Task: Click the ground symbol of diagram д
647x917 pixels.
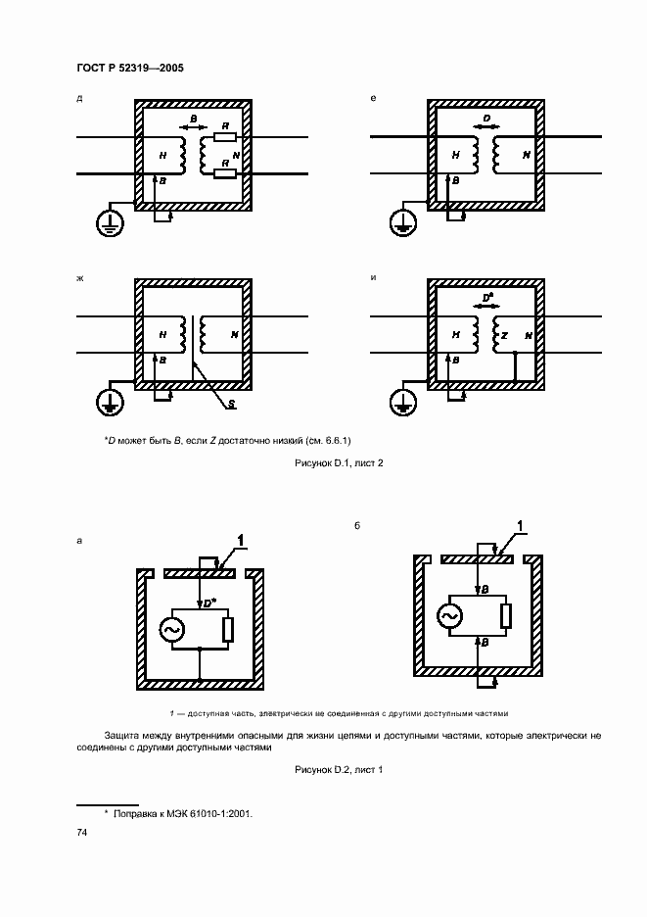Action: click(x=108, y=224)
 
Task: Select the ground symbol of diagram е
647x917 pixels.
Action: click(x=400, y=224)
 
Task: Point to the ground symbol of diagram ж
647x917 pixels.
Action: click(x=108, y=401)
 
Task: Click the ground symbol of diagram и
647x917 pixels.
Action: click(x=400, y=401)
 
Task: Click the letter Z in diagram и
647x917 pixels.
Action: click(x=504, y=334)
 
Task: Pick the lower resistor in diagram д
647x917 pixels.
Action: click(x=226, y=174)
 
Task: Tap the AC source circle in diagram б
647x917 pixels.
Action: click(x=451, y=615)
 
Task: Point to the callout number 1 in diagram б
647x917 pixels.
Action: click(x=521, y=529)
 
